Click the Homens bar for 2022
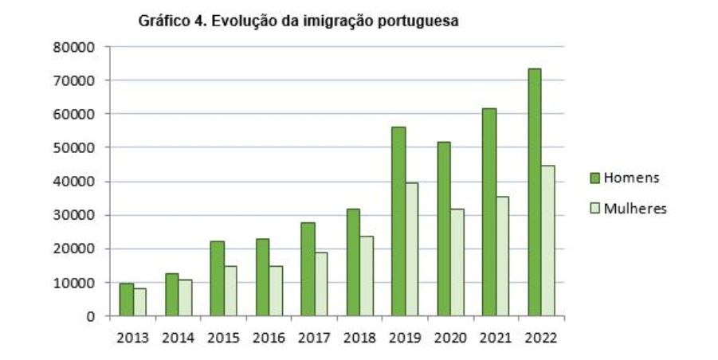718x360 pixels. click(535, 192)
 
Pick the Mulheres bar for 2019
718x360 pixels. click(411, 249)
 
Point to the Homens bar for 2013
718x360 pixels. click(126, 299)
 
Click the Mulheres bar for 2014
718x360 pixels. click(185, 298)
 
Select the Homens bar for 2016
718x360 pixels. click(262, 277)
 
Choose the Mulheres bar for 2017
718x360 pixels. click(320, 284)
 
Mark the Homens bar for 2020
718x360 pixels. click(444, 229)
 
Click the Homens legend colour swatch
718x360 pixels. click(594, 178)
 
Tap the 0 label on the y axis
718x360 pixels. click(90, 316)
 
